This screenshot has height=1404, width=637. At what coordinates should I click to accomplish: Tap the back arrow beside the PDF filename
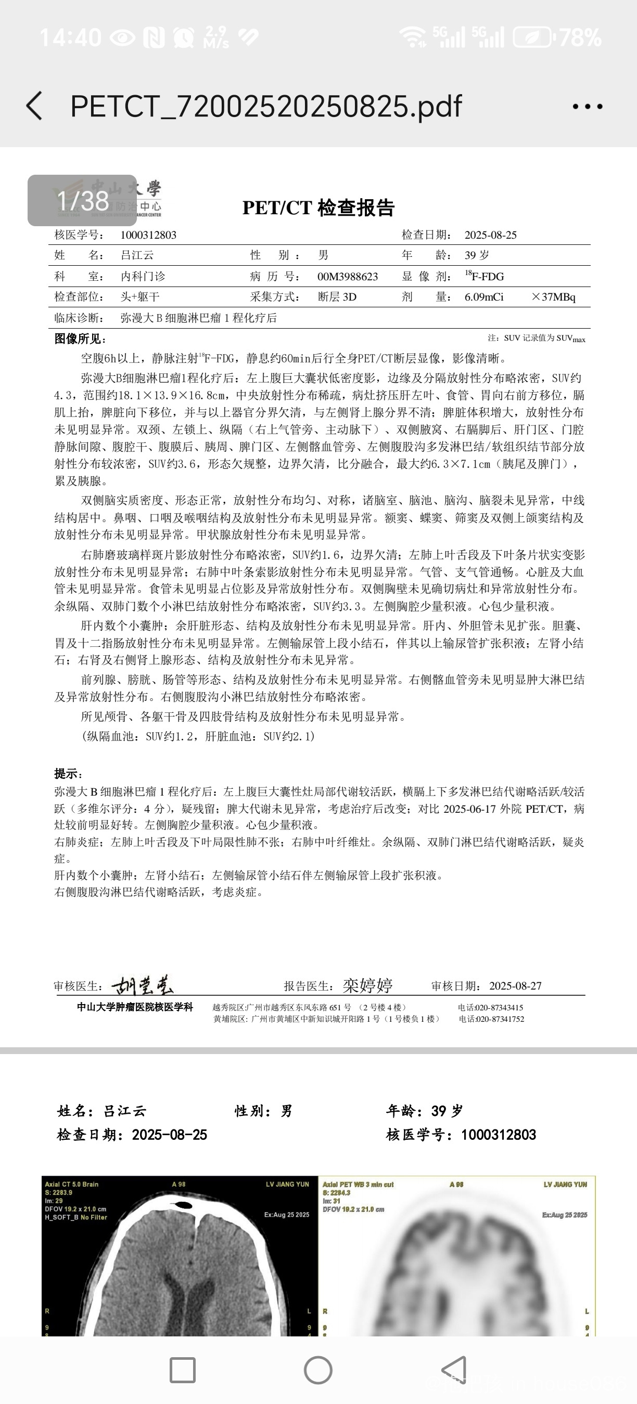[x=34, y=106]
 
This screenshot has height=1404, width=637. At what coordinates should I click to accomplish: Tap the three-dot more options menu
[x=588, y=106]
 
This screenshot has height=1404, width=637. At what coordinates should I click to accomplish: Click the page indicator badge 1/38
[x=82, y=201]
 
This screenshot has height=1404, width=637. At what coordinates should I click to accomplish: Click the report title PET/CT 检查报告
[x=318, y=207]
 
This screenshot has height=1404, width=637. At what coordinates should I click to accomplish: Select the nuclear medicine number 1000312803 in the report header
[x=148, y=235]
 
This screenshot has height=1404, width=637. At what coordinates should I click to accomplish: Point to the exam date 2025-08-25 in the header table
[x=490, y=235]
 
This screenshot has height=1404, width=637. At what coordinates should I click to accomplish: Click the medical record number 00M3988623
[x=348, y=276]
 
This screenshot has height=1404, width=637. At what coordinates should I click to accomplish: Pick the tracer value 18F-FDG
[x=485, y=276]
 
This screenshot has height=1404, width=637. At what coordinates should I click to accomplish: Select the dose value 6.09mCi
[x=484, y=297]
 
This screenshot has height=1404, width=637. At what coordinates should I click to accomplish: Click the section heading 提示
[x=68, y=773]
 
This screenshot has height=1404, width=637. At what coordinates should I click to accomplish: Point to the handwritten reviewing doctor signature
[x=143, y=984]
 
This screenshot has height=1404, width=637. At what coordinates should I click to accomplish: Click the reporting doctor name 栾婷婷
[x=367, y=985]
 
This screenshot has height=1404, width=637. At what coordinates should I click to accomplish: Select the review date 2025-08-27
[x=515, y=985]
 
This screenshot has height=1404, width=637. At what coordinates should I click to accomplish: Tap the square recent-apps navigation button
[x=183, y=1370]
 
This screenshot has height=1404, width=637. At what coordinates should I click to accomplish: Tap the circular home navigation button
[x=318, y=1370]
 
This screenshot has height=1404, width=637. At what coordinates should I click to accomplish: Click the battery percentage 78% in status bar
[x=580, y=37]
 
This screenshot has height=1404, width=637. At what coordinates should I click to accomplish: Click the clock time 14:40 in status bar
[x=70, y=37]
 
